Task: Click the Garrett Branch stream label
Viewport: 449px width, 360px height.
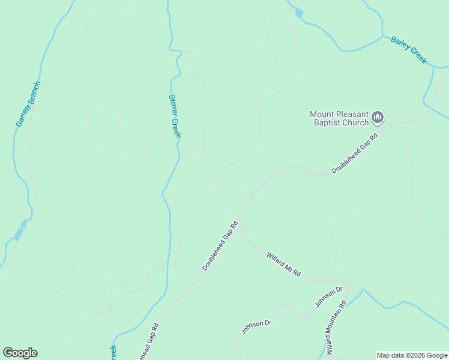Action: (28, 104)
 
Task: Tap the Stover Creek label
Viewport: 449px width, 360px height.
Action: (174, 116)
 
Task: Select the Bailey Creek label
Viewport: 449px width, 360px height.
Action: (408, 50)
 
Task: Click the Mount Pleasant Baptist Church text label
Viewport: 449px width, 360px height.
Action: (339, 118)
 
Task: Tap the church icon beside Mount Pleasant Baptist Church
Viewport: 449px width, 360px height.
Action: (378, 117)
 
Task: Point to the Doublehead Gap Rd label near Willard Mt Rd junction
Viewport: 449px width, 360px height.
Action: (220, 245)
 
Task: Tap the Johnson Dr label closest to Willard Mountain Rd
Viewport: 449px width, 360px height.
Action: (329, 297)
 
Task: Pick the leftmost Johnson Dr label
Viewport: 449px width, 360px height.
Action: (257, 327)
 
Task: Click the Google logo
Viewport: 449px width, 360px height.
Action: (20, 353)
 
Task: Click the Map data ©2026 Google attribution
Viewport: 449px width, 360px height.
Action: (412, 355)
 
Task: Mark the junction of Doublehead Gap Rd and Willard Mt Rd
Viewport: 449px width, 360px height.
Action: (238, 216)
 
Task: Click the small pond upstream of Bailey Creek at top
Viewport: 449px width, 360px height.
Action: (299, 13)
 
